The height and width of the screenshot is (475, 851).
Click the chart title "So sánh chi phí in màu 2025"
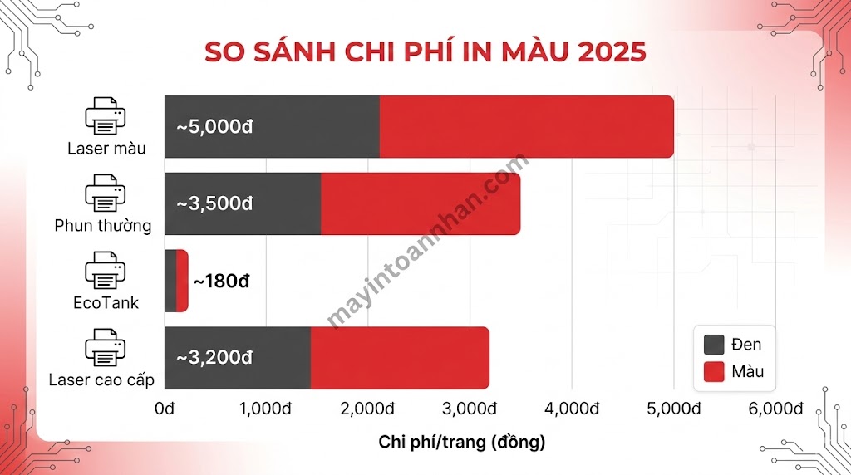425,49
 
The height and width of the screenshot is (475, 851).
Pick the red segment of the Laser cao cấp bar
400,357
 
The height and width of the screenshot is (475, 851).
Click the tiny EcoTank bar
176,281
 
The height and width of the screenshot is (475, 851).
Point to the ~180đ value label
222,281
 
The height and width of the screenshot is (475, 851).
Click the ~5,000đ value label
214,127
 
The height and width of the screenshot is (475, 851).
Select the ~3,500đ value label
214,203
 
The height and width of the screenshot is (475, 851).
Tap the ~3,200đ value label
214,357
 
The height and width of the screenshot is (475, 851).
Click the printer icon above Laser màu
106,117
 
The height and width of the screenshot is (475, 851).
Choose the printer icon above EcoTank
106,271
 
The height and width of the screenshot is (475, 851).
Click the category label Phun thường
103,226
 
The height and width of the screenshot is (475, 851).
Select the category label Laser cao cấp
101,380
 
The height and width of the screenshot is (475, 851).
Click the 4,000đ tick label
573,409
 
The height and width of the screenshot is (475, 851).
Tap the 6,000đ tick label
776,409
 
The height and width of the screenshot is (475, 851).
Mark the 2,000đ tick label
368,409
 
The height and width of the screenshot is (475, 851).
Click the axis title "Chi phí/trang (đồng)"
462,442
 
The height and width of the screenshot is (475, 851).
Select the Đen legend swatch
715,345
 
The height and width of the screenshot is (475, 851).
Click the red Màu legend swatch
715,371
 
